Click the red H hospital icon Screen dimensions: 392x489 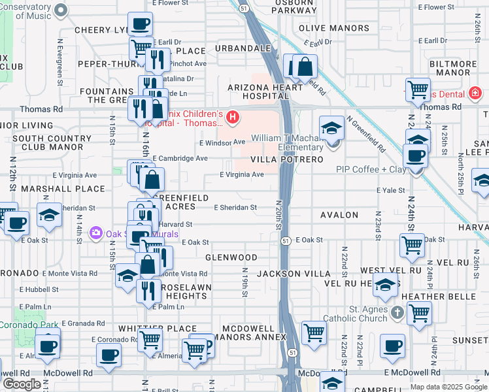[x=233, y=118]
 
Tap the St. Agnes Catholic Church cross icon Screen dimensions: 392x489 [x=396, y=314]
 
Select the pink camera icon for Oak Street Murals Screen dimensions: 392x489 [x=96, y=233]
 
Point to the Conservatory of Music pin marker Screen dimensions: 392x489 [x=61, y=10]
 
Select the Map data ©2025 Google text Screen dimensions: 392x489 [x=448, y=387]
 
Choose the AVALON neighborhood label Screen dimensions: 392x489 [x=339, y=215]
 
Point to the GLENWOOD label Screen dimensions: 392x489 [x=231, y=258]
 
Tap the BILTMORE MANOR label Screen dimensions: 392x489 [x=459, y=68]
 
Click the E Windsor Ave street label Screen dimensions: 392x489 [x=222, y=142]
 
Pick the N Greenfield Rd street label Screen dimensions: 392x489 [x=367, y=135]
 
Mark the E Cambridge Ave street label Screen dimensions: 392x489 [x=180, y=159]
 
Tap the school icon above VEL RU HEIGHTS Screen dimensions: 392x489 [x=386, y=285]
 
